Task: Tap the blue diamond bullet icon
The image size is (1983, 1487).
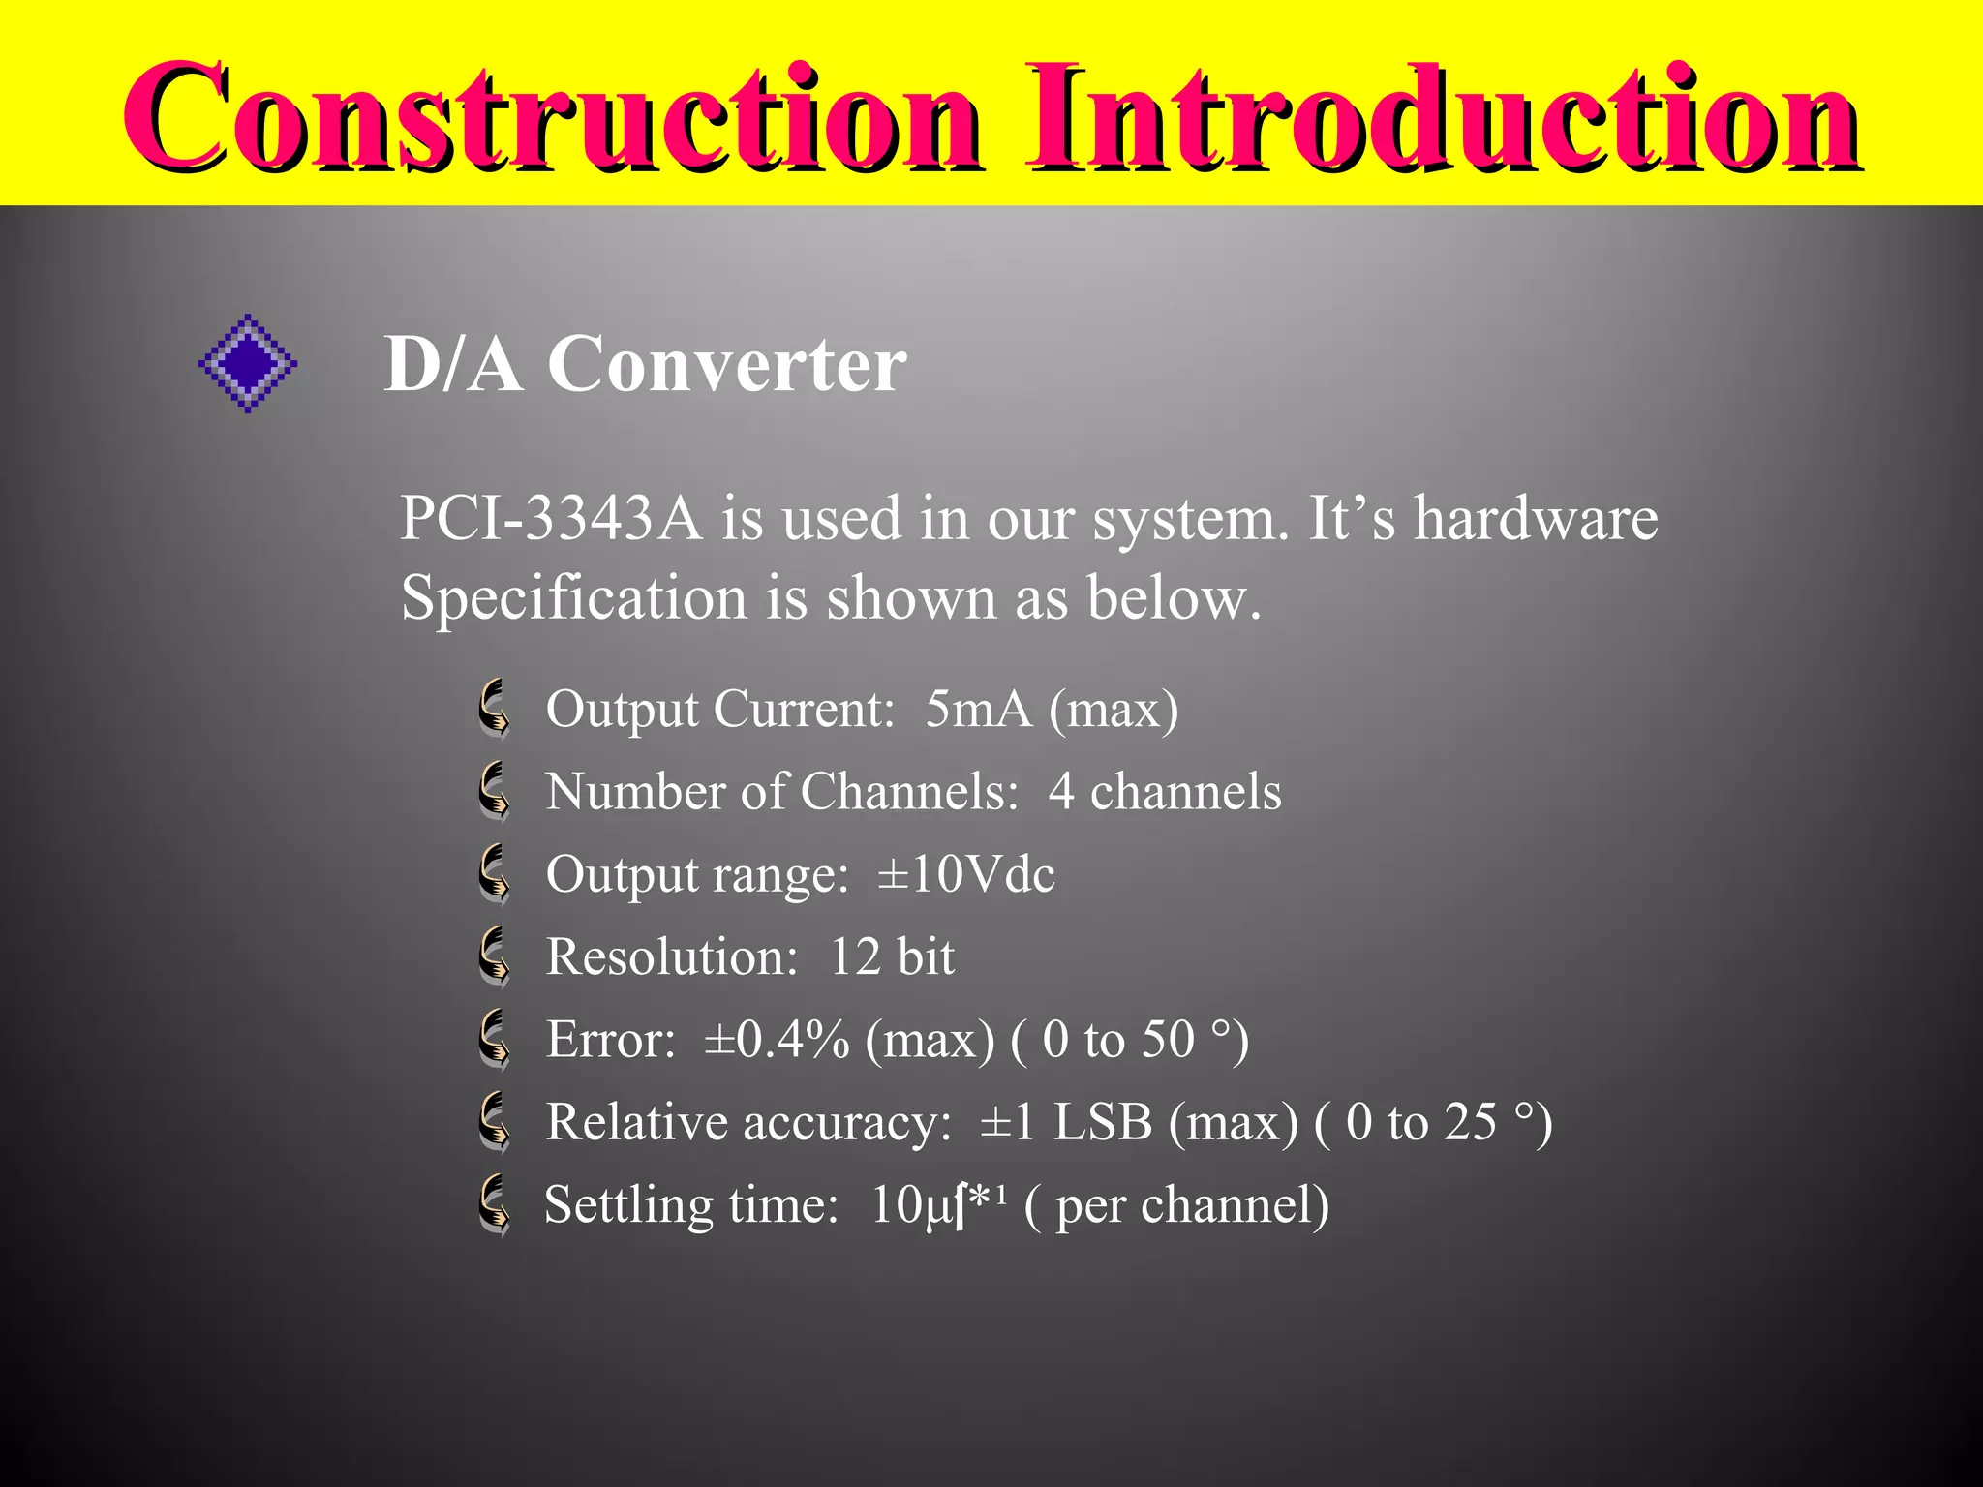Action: tap(248, 363)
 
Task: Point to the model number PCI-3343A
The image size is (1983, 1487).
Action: tap(550, 518)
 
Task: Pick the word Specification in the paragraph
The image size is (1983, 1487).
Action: tap(573, 597)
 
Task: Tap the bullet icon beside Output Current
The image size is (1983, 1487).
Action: tap(495, 709)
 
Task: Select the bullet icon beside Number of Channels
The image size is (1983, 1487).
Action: tap(495, 791)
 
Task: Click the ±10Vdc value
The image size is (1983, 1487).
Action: tap(965, 874)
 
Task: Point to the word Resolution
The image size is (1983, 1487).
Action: tap(671, 956)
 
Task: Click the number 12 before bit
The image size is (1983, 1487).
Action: tap(855, 956)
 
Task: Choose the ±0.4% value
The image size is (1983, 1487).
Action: tap(777, 1040)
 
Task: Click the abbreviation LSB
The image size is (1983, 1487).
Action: tap(1103, 1122)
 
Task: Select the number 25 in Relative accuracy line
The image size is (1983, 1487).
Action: tap(1471, 1122)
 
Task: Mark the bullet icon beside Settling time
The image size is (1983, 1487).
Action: tap(495, 1205)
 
